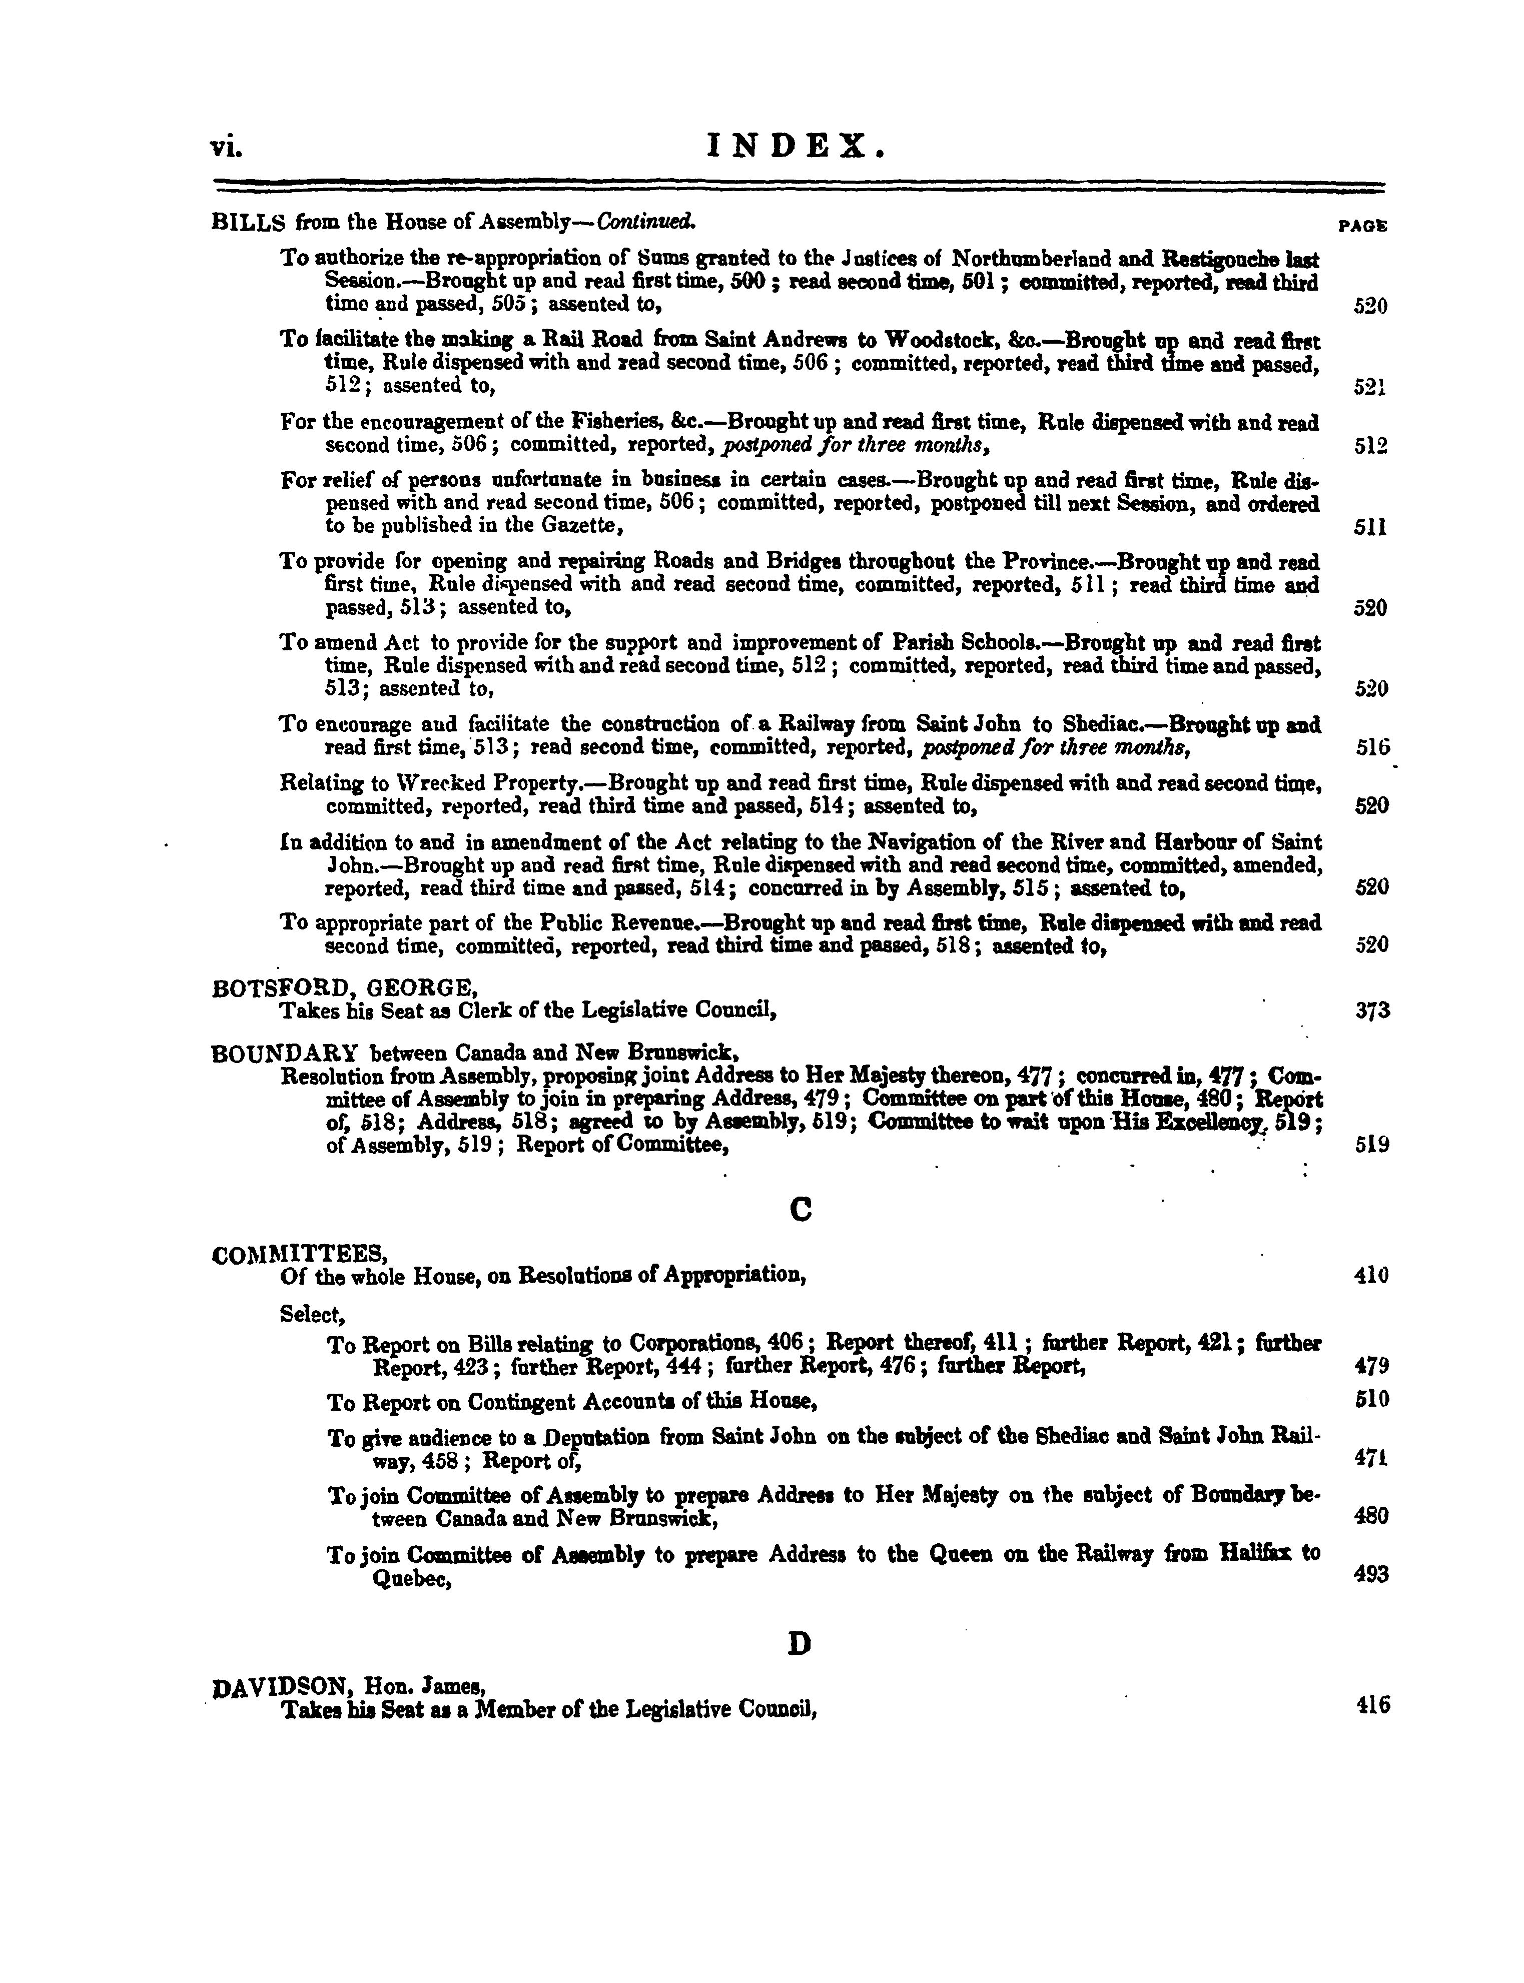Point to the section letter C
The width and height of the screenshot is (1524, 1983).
point(800,1210)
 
